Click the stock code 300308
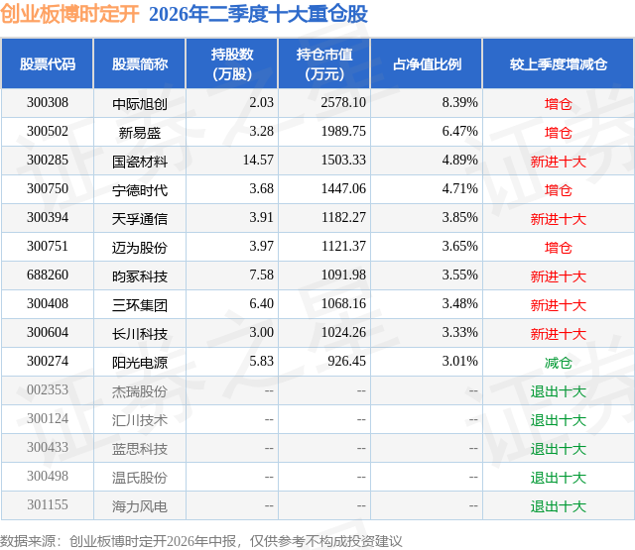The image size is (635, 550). pos(48,103)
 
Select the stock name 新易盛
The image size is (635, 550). pos(140,133)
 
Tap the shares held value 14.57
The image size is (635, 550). pos(258,161)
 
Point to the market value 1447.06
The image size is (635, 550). pos(343,189)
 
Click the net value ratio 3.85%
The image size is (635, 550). pos(459,218)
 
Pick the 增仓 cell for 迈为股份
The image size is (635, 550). pos(558,248)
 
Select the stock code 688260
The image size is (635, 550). pos(48,275)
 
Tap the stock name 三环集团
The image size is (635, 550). pos(140,305)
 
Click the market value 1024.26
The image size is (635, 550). pos(343,332)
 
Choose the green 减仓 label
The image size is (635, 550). pos(558,363)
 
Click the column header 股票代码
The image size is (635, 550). pos(48,63)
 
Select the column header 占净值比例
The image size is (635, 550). pos(427,63)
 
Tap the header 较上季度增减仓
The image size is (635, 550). pos(559,63)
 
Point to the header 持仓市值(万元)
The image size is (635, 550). pos(324,63)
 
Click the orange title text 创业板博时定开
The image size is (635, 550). pos(69,14)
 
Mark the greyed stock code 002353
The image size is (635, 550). pos(48,389)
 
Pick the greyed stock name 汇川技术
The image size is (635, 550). pos(140,420)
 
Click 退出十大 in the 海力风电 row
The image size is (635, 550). pos(559,506)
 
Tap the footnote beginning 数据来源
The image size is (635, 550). pos(200,541)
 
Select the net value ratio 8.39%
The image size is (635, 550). pos(459,103)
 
